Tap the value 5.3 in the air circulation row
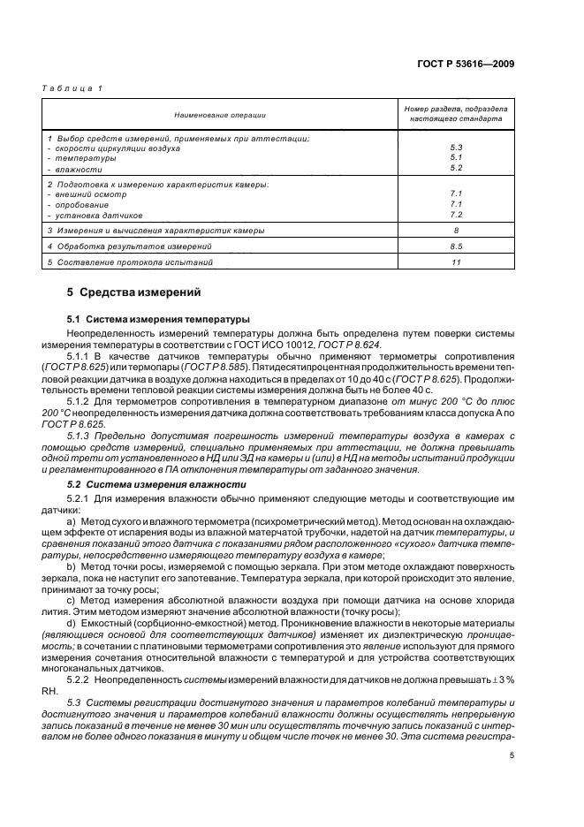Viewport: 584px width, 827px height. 456,148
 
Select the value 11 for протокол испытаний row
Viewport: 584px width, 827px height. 456,262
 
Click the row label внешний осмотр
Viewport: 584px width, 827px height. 88,193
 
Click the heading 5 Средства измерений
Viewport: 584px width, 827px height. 134,292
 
